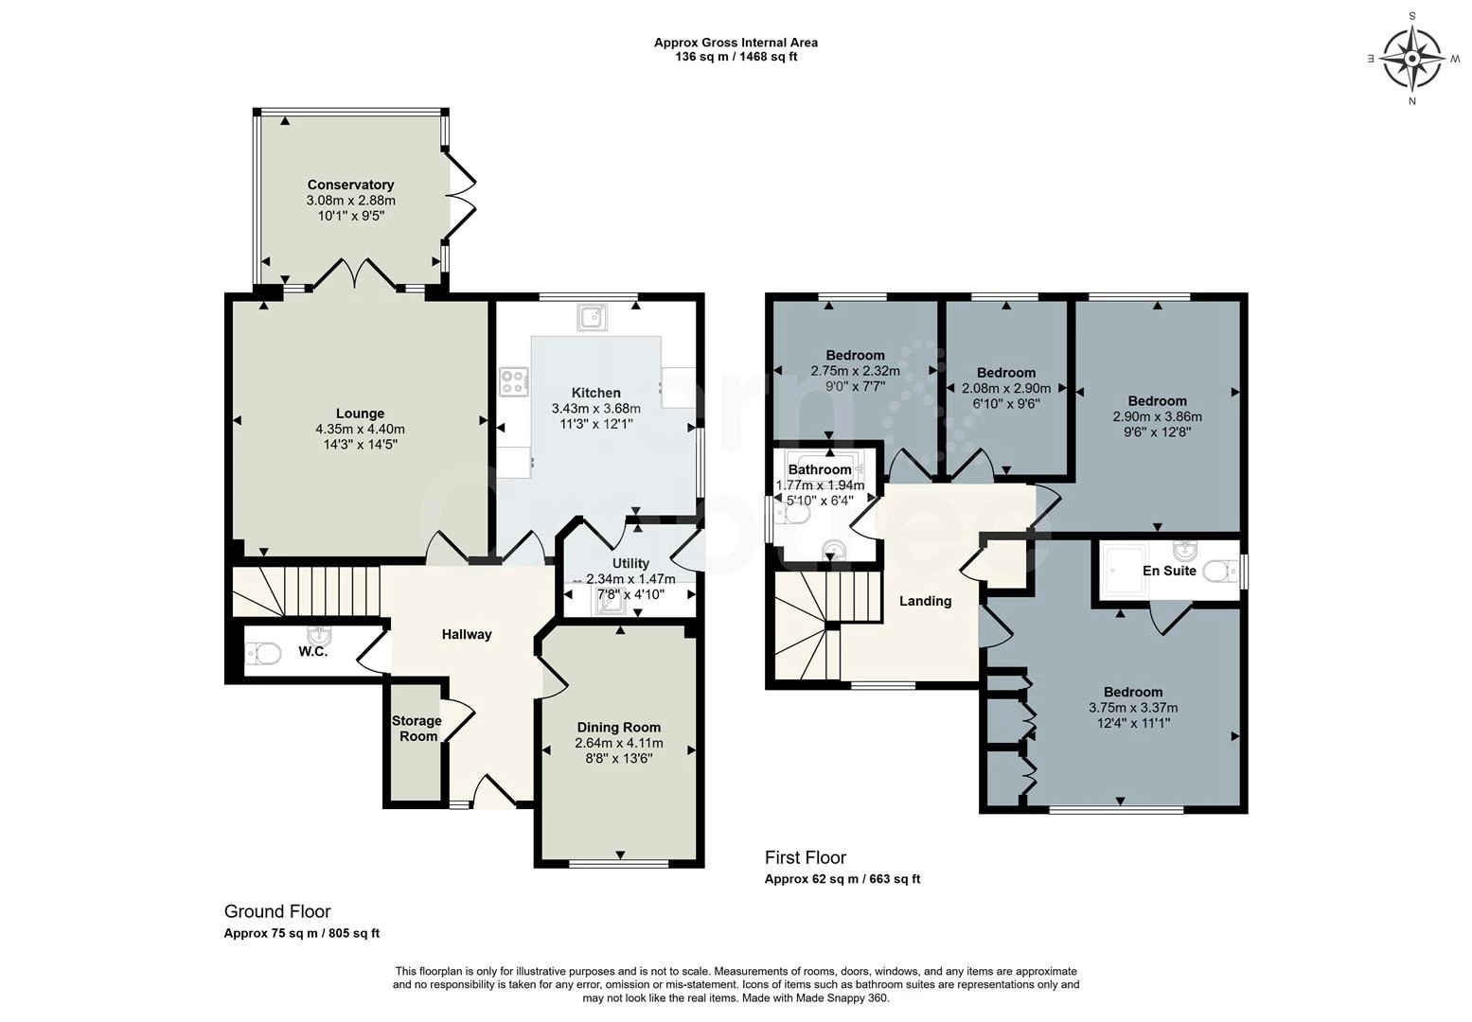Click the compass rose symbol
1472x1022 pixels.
[x=1412, y=59]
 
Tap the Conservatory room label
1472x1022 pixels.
[x=350, y=185]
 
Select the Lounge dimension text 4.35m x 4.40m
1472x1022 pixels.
[x=360, y=429]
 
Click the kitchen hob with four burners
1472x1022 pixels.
[x=513, y=381]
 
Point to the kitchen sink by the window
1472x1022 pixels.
[x=592, y=317]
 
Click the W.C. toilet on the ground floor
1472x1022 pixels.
[x=263, y=654]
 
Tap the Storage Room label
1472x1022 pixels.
[x=417, y=729]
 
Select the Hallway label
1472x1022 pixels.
[x=467, y=634]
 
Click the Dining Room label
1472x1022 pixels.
[x=619, y=727]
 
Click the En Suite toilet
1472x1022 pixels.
[x=1220, y=571]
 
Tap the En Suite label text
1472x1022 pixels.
[x=1169, y=571]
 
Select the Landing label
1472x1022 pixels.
[x=925, y=601]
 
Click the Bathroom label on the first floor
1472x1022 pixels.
[x=820, y=469]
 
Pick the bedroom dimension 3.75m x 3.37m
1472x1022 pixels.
[x=1133, y=708]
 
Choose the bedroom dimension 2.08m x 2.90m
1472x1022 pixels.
[x=1006, y=388]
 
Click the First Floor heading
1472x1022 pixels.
[x=805, y=857]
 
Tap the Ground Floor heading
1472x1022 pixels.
[x=277, y=911]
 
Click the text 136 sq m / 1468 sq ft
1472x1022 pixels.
[x=736, y=57]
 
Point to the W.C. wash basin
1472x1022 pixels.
[x=319, y=635]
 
